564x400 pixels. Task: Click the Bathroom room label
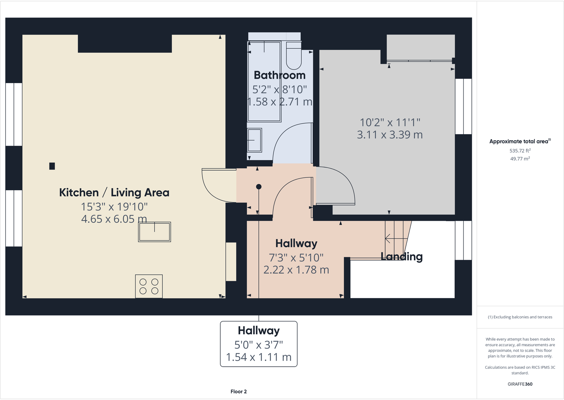[x=280, y=75]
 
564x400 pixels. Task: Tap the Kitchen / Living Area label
[x=114, y=192]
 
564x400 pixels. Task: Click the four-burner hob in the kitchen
[x=149, y=286]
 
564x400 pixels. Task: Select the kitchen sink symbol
[x=154, y=232]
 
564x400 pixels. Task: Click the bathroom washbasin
[x=254, y=140]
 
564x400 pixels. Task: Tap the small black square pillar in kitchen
[x=52, y=166]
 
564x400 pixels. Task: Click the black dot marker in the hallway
[x=259, y=187]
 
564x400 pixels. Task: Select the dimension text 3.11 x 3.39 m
[x=389, y=135]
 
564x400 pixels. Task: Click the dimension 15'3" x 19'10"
[x=114, y=207]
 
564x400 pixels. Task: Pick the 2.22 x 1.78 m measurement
[x=296, y=270]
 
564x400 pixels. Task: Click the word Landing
[x=402, y=256]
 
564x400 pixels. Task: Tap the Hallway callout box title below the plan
[x=259, y=330]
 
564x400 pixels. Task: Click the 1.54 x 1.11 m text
[x=259, y=357]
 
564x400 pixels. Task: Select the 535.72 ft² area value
[x=520, y=150]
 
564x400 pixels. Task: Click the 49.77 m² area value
[x=520, y=159]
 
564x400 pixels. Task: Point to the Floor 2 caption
[x=238, y=391]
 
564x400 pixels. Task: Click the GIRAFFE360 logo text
[x=520, y=384]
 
